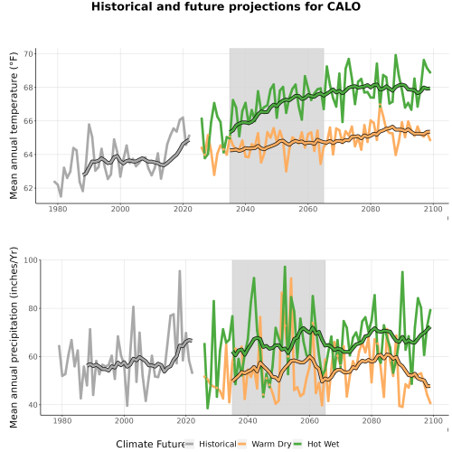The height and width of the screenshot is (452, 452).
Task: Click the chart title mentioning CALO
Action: (226, 6)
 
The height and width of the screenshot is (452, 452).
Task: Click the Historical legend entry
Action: (218, 444)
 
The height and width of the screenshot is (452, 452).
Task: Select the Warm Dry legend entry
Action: (271, 444)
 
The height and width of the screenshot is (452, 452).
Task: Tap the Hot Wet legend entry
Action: (323, 444)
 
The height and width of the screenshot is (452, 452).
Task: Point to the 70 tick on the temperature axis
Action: (29, 54)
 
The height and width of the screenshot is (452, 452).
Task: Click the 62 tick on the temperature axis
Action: (29, 188)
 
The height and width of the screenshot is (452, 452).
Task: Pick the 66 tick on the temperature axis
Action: (29, 121)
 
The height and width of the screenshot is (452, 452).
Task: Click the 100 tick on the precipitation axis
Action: (31, 260)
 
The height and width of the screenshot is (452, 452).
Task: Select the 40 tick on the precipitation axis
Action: (33, 405)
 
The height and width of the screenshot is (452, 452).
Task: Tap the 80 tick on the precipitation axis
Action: (33, 308)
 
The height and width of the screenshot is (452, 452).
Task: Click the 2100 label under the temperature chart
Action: (433, 209)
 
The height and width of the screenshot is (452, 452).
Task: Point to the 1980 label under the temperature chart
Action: (58, 209)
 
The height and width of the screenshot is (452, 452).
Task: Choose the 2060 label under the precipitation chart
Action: (309, 420)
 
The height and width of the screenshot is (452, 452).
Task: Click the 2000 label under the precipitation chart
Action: (124, 420)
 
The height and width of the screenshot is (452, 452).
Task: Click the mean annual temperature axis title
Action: (14, 126)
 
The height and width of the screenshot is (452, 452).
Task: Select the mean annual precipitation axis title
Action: (14, 337)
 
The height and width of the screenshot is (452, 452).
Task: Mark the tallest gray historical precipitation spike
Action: (180, 271)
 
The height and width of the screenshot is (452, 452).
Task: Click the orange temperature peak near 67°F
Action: (381, 106)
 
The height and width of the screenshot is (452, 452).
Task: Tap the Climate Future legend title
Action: (150, 444)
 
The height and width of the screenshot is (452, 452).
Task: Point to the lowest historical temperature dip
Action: (61, 196)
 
